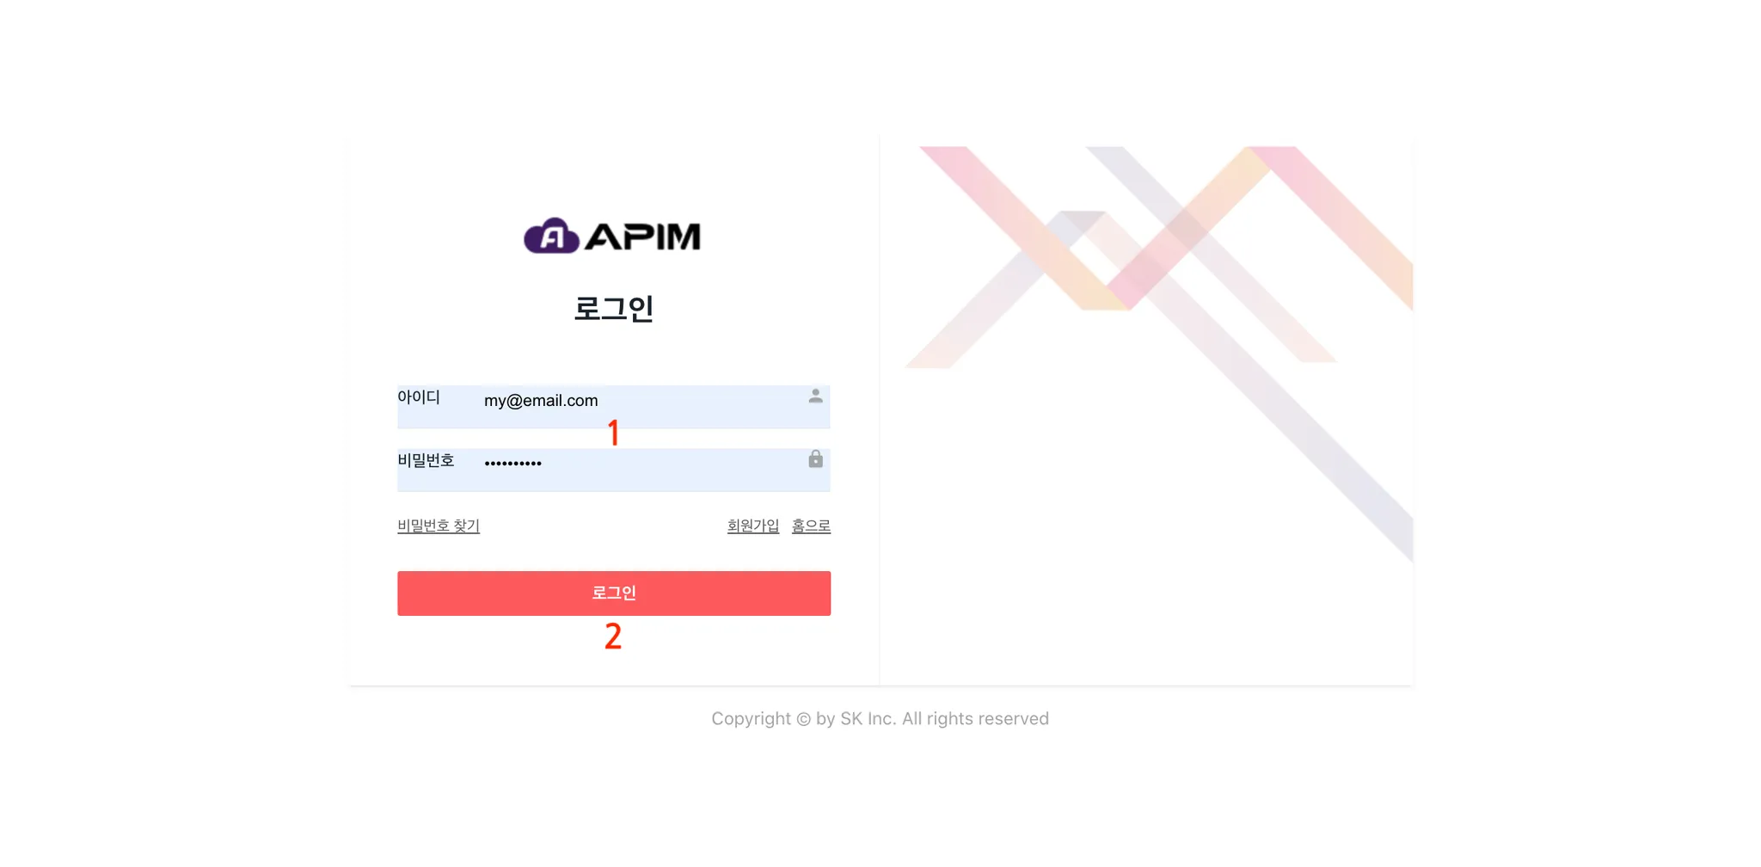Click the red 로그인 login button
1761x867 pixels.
click(x=614, y=593)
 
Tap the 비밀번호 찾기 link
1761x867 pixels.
click(x=439, y=526)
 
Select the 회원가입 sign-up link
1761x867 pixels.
click(x=753, y=526)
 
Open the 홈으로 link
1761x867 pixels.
click(x=811, y=526)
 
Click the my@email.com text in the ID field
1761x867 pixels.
click(x=541, y=401)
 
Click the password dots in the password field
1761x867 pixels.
click(x=512, y=464)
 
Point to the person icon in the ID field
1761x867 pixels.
click(x=816, y=396)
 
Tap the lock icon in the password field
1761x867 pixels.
click(x=816, y=458)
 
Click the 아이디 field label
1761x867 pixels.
click(x=419, y=397)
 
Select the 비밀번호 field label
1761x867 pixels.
click(x=426, y=460)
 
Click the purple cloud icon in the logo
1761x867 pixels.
click(x=551, y=236)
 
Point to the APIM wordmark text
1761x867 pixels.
click(x=642, y=237)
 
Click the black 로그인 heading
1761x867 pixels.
click(x=614, y=308)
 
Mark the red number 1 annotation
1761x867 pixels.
click(x=613, y=433)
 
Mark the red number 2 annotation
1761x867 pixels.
click(x=613, y=636)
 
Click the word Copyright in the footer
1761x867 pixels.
click(x=751, y=719)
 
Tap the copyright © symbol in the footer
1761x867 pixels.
click(x=803, y=719)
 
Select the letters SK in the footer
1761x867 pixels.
click(x=851, y=719)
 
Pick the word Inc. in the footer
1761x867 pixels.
click(x=881, y=719)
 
